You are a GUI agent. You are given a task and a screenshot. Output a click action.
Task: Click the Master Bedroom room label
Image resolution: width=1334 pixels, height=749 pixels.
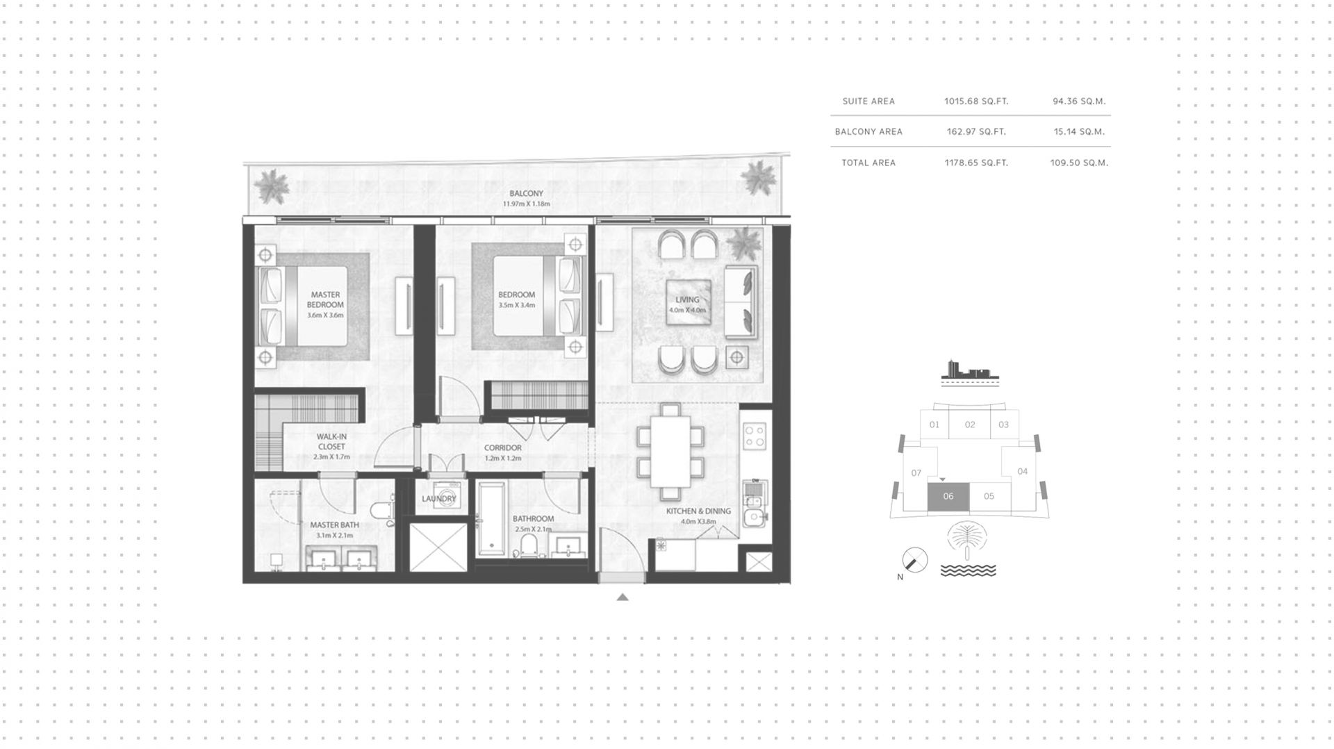click(325, 299)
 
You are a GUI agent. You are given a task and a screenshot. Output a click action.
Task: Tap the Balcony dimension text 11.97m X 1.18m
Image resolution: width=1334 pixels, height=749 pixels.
click(526, 204)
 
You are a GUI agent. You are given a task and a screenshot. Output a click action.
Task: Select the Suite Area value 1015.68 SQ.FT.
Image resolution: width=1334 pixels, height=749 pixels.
click(976, 101)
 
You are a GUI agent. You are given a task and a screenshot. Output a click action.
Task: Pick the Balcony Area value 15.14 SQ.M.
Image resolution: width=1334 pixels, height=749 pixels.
click(1079, 131)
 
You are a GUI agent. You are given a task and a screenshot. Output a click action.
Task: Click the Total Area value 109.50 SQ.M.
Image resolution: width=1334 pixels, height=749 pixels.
click(1079, 163)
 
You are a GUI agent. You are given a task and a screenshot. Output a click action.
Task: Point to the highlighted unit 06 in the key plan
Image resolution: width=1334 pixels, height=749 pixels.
click(948, 496)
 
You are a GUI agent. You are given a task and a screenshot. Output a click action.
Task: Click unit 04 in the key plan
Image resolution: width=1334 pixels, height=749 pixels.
click(1022, 471)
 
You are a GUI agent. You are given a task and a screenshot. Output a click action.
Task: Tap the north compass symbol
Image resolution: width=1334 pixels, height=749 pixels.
click(914, 560)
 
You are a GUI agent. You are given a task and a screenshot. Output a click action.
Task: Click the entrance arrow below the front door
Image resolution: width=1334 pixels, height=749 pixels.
click(623, 597)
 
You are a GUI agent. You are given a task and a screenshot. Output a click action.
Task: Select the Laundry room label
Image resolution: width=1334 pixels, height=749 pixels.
click(439, 498)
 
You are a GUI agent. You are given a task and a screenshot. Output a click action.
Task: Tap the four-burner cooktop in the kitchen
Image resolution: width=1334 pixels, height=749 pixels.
click(755, 436)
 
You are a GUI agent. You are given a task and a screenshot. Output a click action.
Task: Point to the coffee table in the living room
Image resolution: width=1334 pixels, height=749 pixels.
click(688, 303)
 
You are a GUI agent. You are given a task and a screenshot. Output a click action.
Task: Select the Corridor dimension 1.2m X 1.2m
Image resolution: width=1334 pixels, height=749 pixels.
click(503, 459)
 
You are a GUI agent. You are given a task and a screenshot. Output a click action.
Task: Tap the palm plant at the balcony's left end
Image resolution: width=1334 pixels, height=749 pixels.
click(270, 186)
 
